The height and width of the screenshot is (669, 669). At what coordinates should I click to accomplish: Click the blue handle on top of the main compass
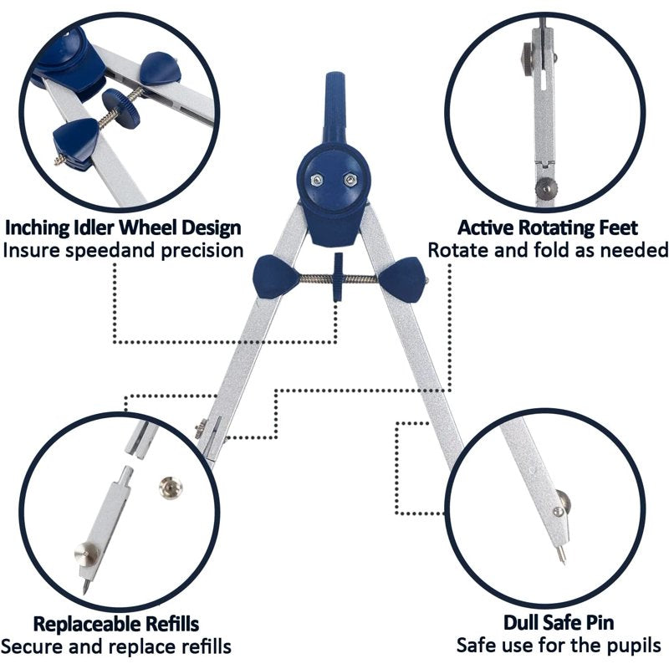[336, 107]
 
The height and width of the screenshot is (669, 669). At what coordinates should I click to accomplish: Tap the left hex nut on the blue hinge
[317, 180]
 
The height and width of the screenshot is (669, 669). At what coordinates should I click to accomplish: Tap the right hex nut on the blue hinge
[350, 180]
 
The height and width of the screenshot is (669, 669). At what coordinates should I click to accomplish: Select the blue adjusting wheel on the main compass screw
[339, 277]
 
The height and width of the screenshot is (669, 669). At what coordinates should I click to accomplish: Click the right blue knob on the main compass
[402, 279]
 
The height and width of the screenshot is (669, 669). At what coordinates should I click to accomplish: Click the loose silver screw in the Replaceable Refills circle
[171, 488]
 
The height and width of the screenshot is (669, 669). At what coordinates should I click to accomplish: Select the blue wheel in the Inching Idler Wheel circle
[121, 108]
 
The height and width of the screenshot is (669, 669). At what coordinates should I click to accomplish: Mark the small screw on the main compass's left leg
[201, 429]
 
